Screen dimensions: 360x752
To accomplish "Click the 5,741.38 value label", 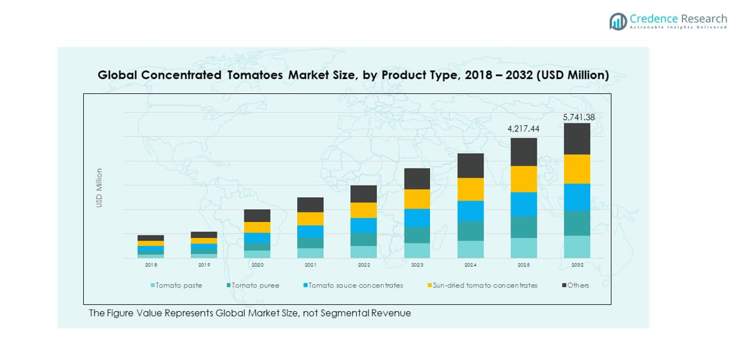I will (x=578, y=117).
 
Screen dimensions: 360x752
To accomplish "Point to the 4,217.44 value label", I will (x=523, y=128).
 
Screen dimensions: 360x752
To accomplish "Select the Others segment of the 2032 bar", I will (x=577, y=139).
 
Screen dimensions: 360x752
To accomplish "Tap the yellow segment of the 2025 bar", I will (x=523, y=179).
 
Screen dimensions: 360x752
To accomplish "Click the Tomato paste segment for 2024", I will (x=470, y=249).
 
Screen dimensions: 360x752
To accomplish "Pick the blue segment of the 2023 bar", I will (x=417, y=218).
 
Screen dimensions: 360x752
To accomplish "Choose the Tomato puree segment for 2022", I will (x=364, y=239).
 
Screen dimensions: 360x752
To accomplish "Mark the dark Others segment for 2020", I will (x=257, y=216).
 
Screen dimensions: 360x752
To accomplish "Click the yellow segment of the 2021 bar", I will (x=311, y=219).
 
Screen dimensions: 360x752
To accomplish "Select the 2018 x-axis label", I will (x=151, y=265).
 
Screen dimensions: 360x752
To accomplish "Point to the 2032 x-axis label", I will (x=577, y=265).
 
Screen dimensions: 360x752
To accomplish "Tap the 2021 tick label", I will (x=311, y=265).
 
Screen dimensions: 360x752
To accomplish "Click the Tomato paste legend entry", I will (x=178, y=286).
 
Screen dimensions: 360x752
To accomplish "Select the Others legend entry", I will (x=578, y=286).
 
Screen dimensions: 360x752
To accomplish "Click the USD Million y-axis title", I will (x=99, y=188).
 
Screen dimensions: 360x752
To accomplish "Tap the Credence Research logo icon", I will (x=618, y=21).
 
